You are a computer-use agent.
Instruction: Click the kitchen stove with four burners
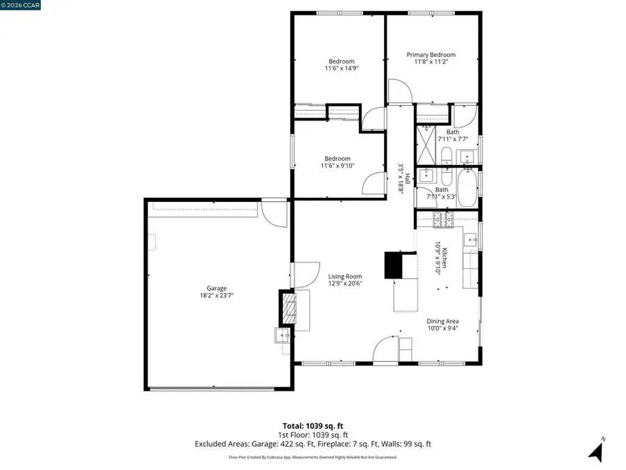[443, 220]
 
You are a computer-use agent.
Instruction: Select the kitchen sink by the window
[473, 241]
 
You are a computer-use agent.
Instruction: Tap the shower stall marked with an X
[426, 143]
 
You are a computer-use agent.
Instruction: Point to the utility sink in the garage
[283, 336]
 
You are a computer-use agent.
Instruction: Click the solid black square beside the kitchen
[395, 265]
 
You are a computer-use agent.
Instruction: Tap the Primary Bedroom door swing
[399, 91]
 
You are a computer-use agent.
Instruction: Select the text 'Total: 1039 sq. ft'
[312, 425]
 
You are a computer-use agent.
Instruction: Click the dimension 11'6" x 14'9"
[342, 68]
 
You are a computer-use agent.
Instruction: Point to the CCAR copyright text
[22, 5]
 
